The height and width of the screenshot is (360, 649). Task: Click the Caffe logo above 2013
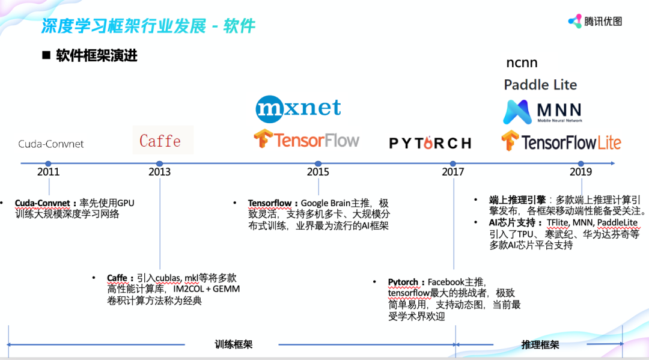coord(160,141)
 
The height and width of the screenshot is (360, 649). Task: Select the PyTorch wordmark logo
coord(430,143)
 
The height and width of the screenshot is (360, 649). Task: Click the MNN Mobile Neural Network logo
coord(543,112)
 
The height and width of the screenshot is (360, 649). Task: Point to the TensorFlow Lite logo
coord(561,142)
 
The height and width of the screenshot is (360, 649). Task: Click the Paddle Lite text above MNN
coord(540,85)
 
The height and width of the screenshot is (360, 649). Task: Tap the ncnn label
coord(522,63)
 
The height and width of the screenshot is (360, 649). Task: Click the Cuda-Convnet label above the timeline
coord(51,144)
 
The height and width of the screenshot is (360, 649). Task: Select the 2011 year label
coord(48,172)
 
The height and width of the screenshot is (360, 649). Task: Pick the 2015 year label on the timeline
coord(318,172)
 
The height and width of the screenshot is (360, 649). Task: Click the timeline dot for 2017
coord(453,163)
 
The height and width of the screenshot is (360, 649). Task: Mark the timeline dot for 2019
coord(580,163)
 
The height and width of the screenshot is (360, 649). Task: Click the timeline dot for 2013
coord(159,163)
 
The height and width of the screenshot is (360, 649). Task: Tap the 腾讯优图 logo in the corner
coord(595,21)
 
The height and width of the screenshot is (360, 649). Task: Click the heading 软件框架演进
coord(96,56)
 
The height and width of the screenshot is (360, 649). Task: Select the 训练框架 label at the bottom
coord(233,344)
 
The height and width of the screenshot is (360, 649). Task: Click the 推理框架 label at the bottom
coord(540,344)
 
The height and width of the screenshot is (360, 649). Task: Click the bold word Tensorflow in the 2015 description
coord(270,204)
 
